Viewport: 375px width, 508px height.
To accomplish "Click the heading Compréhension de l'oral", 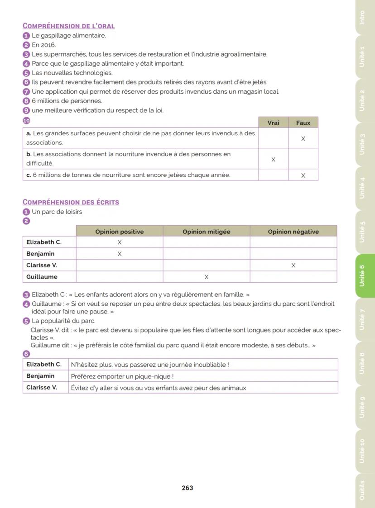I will [x=68, y=26].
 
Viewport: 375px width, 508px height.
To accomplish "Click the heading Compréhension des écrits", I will [x=71, y=202].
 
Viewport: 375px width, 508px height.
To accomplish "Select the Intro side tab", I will [x=362, y=17].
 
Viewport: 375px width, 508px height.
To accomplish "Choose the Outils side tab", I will [x=362, y=490].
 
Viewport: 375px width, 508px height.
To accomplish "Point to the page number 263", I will [x=187, y=488].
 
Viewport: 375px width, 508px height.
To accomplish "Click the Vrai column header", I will [x=273, y=123].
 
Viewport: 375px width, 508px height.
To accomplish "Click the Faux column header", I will [x=303, y=123].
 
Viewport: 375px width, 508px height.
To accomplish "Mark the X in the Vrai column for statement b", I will [x=273, y=159].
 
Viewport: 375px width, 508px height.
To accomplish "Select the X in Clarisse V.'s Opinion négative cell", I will [x=293, y=266].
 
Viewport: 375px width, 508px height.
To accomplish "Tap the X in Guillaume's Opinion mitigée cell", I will [x=207, y=277].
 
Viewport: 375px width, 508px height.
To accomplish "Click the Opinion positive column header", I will [x=120, y=232].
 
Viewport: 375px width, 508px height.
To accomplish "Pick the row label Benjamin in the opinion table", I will [x=40, y=254].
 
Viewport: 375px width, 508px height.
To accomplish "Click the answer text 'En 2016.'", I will [x=44, y=45].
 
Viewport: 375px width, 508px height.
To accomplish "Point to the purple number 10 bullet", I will [x=26, y=120].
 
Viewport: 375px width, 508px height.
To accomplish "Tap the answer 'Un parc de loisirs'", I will [x=57, y=212].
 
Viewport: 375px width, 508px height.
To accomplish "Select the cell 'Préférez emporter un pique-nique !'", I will [x=122, y=376].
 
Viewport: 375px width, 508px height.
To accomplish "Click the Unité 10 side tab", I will [x=362, y=451].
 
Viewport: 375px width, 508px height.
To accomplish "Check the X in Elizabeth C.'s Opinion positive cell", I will [x=120, y=242].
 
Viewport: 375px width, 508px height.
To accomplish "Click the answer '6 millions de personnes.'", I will [x=67, y=101].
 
